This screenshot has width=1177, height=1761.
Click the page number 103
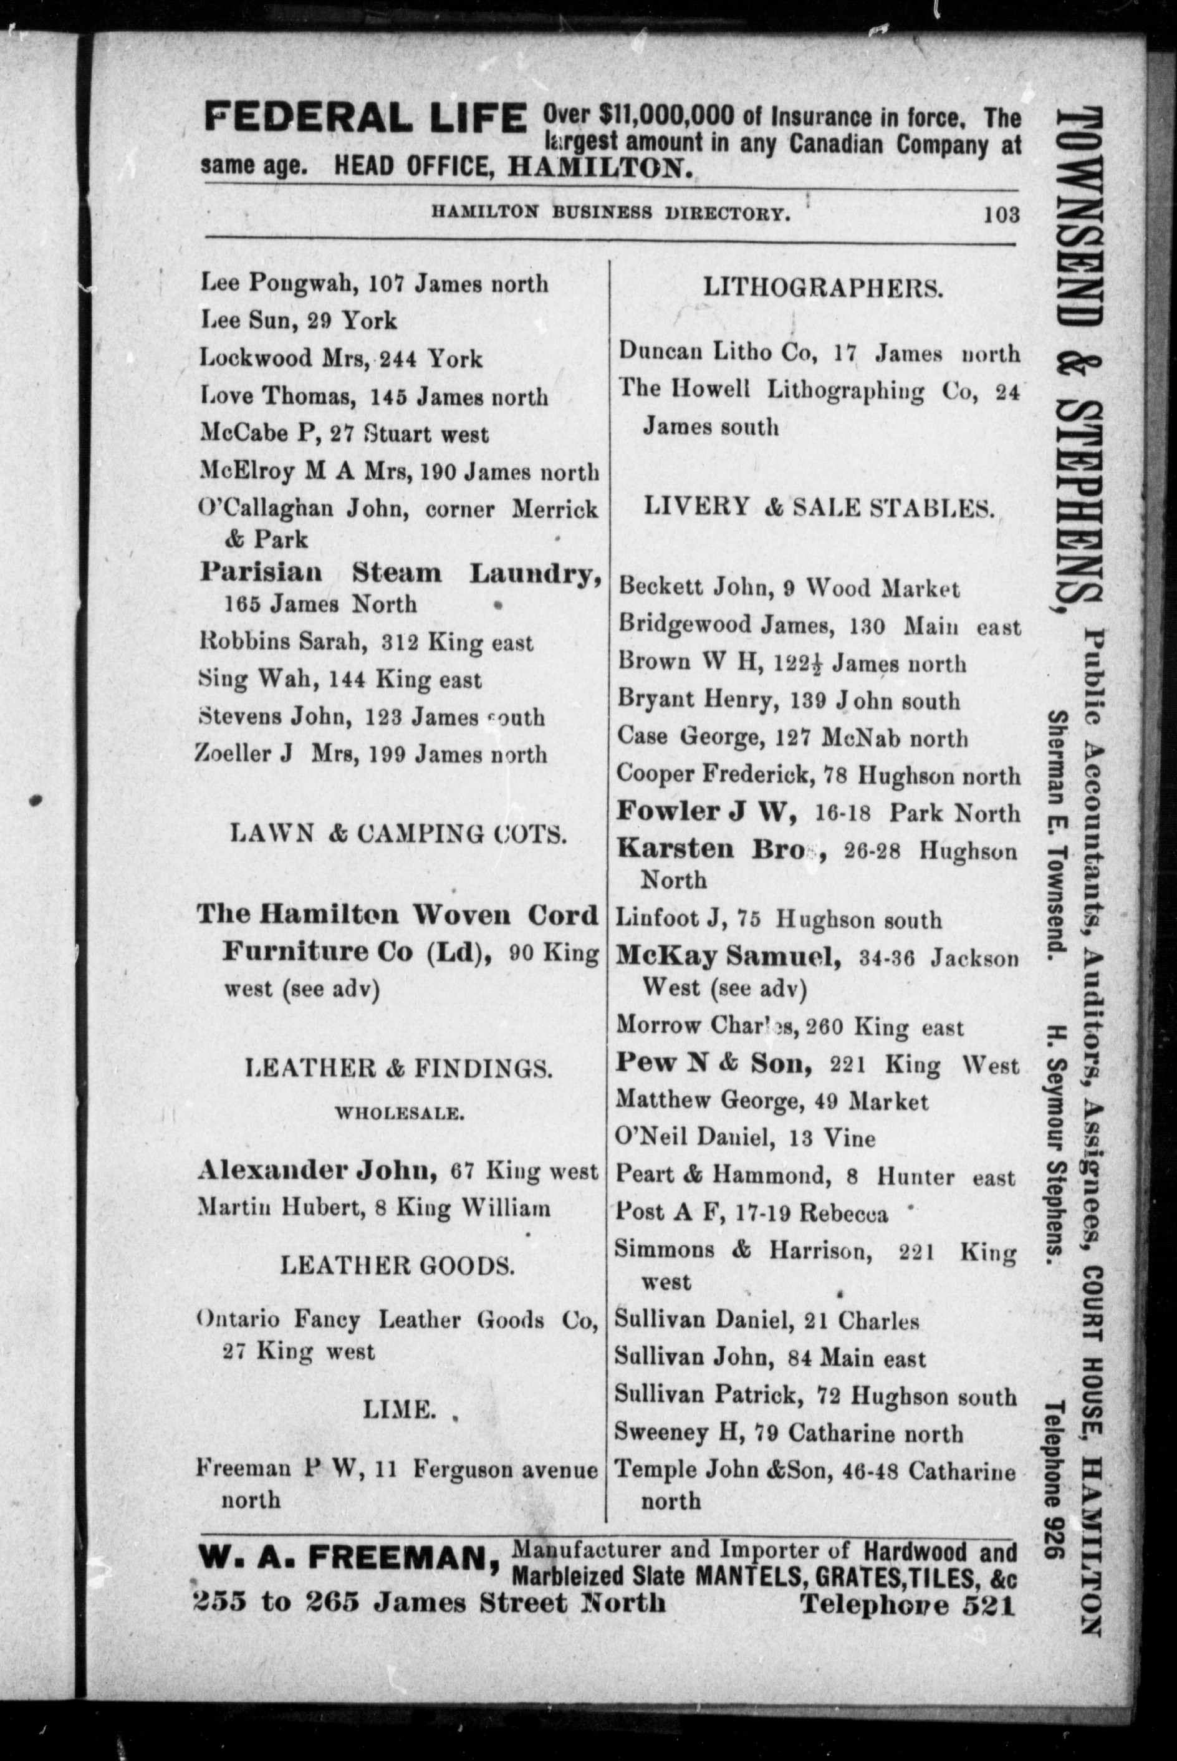(x=1002, y=215)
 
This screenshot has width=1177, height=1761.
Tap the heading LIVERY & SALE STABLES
(x=820, y=508)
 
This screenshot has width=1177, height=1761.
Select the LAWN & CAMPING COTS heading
(x=398, y=833)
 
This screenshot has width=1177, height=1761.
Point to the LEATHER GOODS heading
(x=398, y=1266)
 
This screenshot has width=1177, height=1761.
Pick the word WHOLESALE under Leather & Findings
(x=398, y=1112)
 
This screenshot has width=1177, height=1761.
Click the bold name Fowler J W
(x=706, y=811)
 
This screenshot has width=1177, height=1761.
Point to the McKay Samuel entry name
(x=728, y=957)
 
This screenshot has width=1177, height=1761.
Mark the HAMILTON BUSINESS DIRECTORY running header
(x=610, y=213)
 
